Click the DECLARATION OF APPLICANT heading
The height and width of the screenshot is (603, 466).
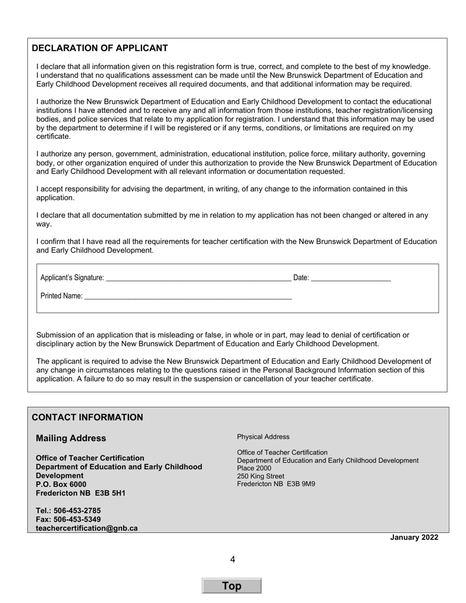click(100, 48)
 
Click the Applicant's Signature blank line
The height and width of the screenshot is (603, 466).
click(198, 278)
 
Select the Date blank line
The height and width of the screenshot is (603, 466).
click(351, 278)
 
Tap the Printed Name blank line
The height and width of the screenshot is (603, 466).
click(188, 296)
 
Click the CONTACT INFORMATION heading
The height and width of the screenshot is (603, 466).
click(87, 417)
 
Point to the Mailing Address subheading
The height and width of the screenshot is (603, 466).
click(71, 438)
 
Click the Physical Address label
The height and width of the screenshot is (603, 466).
click(263, 437)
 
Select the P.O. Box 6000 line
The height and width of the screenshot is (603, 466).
click(61, 484)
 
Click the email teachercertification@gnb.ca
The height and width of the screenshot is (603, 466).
click(86, 528)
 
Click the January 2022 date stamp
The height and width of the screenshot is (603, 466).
click(414, 537)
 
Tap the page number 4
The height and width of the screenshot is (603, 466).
click(233, 559)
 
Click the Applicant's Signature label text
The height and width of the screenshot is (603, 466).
click(72, 278)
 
